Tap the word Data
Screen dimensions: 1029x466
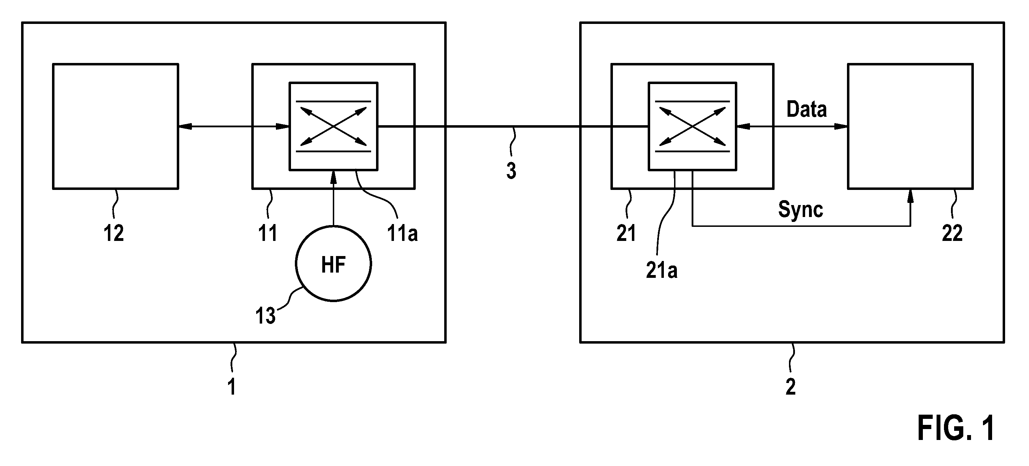point(807,109)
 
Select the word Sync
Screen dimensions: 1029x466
point(801,209)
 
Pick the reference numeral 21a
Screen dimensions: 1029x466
point(661,270)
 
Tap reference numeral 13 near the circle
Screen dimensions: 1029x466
point(265,316)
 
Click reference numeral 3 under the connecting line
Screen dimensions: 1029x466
point(511,171)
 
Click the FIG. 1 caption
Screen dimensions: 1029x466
point(956,428)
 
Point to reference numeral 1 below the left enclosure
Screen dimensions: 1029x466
point(232,387)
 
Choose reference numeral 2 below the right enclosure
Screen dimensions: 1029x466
point(790,387)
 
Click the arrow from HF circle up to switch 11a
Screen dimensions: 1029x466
point(333,198)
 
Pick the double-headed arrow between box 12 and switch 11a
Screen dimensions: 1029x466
point(234,127)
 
